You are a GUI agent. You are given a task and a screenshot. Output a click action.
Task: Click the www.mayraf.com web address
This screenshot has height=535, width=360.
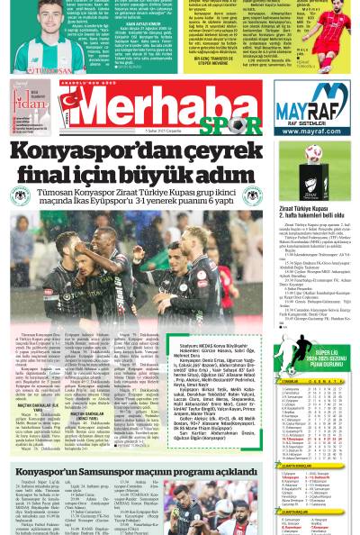(x=311, y=130)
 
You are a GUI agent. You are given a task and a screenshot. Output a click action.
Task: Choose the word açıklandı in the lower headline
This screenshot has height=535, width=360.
(x=228, y=470)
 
